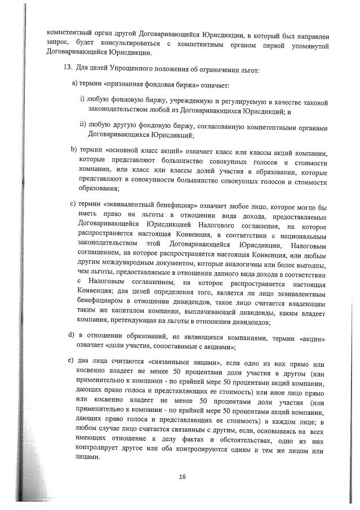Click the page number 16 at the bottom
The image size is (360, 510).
pyautogui.click(x=183, y=476)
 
